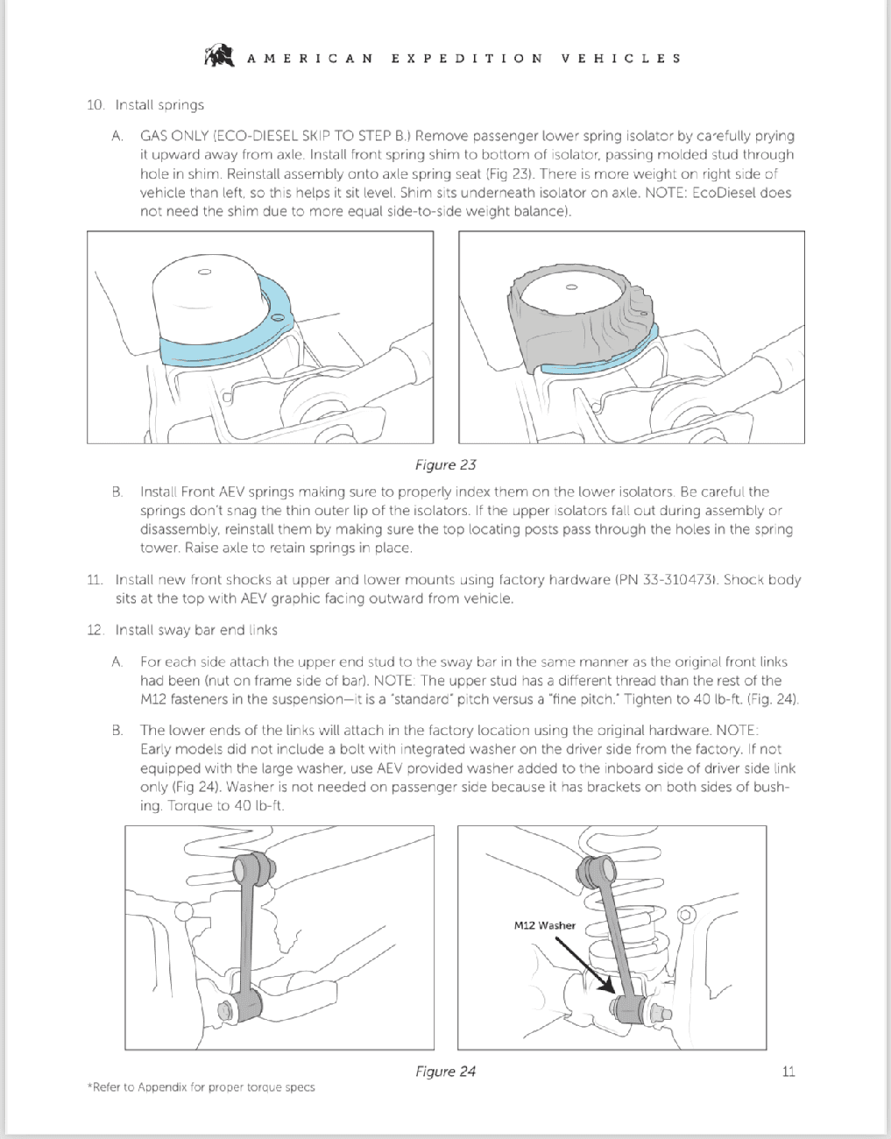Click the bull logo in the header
(219, 55)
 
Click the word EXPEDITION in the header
(467, 58)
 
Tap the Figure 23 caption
(445, 465)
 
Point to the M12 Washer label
(545, 925)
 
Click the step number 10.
(95, 105)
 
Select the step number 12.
(95, 630)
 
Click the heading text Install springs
(159, 105)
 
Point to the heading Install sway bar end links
(196, 630)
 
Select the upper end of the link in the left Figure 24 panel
(251, 867)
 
